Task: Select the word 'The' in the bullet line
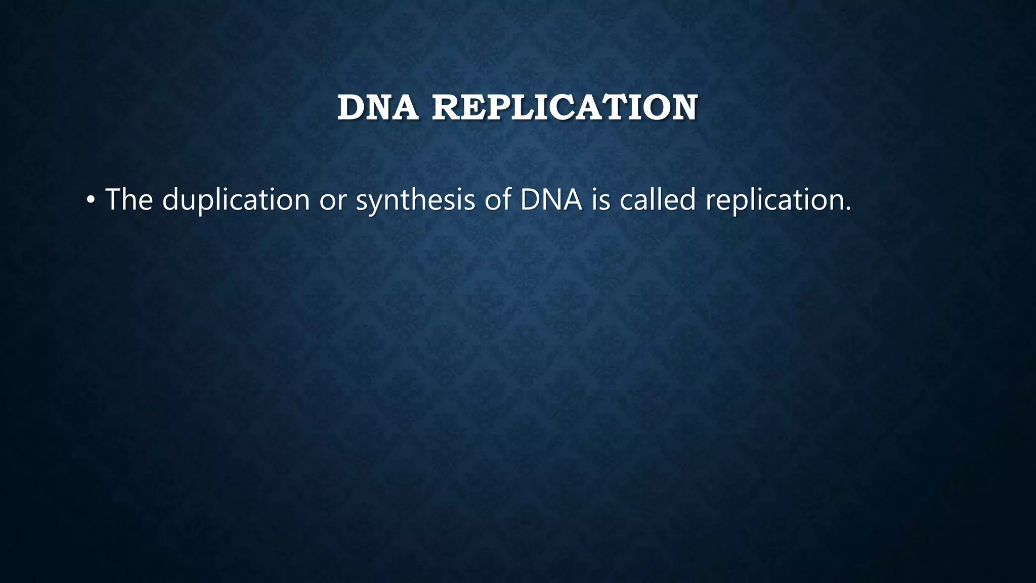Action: click(x=129, y=199)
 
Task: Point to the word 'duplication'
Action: click(x=236, y=199)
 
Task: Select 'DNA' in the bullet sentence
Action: click(x=551, y=199)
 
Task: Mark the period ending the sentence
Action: click(x=848, y=209)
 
